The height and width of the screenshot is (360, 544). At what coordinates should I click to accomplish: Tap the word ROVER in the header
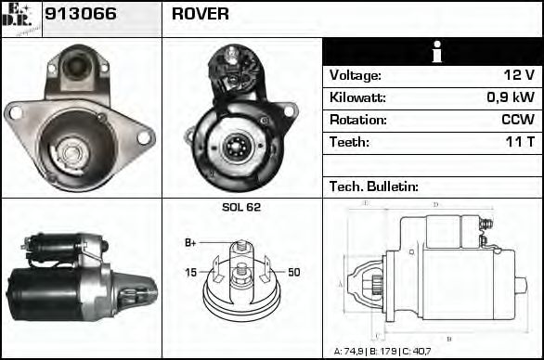coord(201,15)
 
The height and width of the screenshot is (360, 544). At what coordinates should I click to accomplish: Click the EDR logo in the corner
coord(21,18)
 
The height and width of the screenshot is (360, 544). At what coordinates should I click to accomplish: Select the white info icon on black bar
coord(433,53)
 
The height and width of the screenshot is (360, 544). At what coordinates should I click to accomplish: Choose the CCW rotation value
coord(517,121)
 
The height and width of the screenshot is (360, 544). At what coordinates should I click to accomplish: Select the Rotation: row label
coord(356,121)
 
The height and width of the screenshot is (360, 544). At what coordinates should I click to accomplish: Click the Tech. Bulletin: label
coord(374,186)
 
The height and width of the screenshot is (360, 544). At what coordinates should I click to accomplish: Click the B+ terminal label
coord(190,243)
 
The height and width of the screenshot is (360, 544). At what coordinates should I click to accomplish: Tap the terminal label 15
coord(190,273)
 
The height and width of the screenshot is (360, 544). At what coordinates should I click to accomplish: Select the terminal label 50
coord(293,273)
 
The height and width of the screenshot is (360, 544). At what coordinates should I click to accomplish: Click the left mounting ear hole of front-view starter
coord(14,112)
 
